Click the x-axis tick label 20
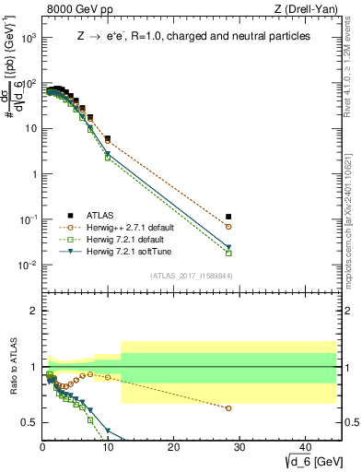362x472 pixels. pyautogui.click(x=173, y=447)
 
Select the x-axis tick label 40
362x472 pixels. pyautogui.click(x=304, y=447)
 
